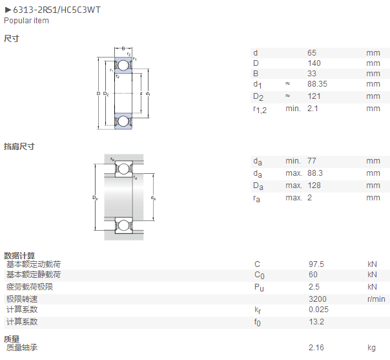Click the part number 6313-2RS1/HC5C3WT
point(57,10)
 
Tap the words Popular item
point(26,21)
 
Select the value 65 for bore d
point(312,53)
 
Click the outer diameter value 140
point(314,63)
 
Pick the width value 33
point(312,74)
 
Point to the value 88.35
point(317,84)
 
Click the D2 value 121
point(314,96)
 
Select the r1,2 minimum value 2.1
point(313,109)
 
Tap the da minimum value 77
point(312,161)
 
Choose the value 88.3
point(315,173)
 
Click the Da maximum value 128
point(314,185)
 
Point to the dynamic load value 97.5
point(316,264)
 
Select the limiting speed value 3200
point(318,299)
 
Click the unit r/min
point(376,299)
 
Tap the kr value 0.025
point(318,310)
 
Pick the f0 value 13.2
point(316,322)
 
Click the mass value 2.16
point(316,348)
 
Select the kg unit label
point(371,348)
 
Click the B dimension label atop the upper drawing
point(123,48)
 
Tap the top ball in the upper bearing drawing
point(123,65)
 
